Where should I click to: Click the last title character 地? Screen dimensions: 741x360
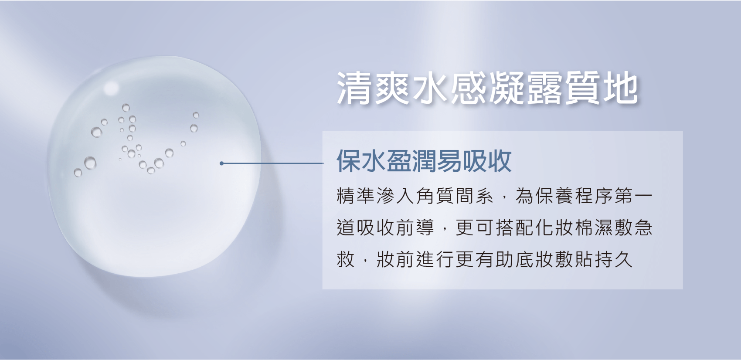[621, 88]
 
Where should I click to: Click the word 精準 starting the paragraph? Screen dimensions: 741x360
[356, 196]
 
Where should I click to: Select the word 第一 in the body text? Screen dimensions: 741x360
[633, 196]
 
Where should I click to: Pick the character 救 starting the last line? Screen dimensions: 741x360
[346, 259]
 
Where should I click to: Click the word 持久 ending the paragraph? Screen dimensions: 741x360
[614, 259]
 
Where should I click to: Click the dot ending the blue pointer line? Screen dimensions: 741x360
[221, 163]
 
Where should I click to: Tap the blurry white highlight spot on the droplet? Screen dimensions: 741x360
[111, 88]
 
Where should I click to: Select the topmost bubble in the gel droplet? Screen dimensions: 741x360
[126, 108]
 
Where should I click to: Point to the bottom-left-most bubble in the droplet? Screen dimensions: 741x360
[78, 173]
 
